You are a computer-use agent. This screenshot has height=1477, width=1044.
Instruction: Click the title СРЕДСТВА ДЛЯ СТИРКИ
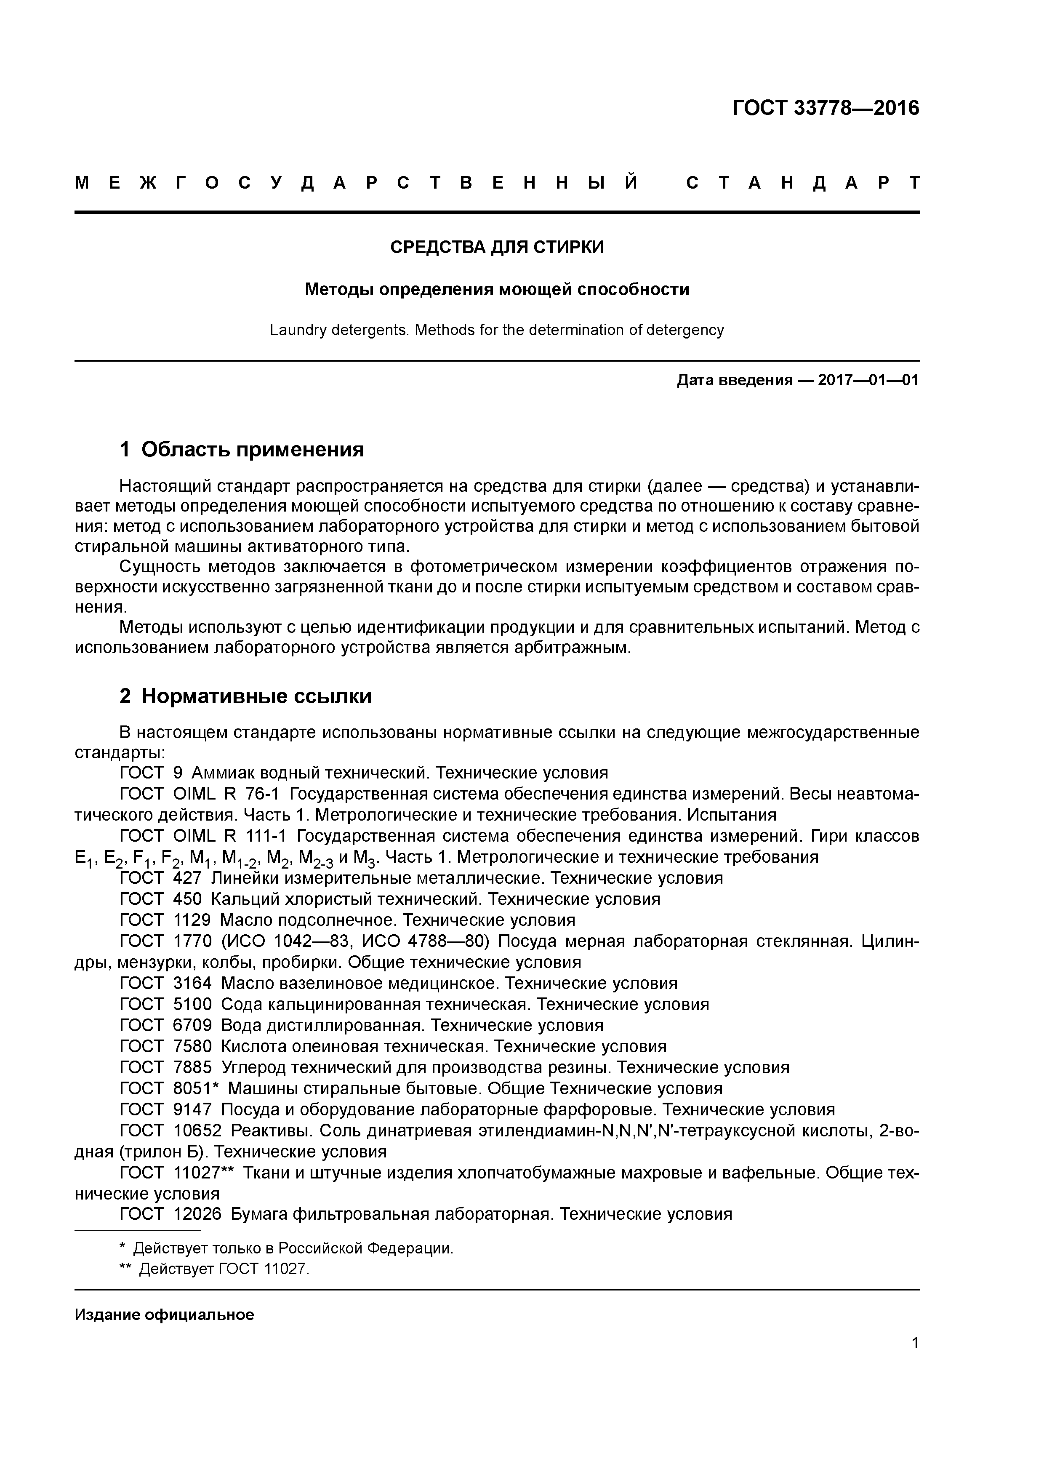pyautogui.click(x=497, y=247)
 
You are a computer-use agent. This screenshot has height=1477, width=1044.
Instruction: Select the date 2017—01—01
pyautogui.click(x=868, y=380)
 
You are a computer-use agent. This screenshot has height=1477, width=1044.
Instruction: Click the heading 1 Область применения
pyautogui.click(x=242, y=449)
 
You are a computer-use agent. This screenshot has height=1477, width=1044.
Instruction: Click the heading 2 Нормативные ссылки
pyautogui.click(x=246, y=696)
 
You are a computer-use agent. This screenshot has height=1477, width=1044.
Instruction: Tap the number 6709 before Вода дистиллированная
pyautogui.click(x=192, y=1025)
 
